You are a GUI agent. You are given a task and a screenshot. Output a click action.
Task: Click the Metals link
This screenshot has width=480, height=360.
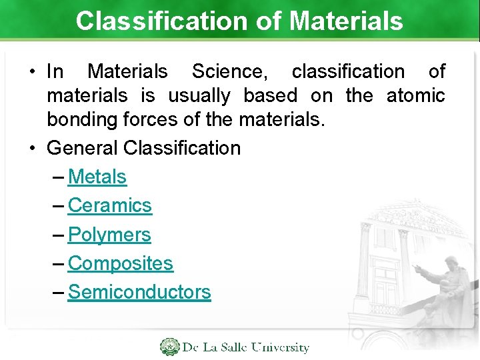(97, 177)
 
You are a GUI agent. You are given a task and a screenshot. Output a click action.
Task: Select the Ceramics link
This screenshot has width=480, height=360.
(110, 205)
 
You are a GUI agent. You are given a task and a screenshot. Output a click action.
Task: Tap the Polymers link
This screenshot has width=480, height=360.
(109, 235)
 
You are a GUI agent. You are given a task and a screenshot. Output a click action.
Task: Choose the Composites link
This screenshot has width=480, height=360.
(121, 263)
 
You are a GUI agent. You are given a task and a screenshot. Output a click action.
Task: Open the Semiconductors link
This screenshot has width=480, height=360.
(139, 292)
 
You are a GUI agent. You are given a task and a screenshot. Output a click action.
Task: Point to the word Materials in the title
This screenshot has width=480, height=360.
(346, 21)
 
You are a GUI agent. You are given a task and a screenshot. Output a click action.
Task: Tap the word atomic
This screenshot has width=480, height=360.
(415, 95)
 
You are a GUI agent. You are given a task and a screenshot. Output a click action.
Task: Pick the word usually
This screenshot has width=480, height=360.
(199, 95)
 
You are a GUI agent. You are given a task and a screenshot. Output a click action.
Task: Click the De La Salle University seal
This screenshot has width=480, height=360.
(169, 347)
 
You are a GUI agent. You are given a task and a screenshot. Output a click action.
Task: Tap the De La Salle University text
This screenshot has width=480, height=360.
(246, 347)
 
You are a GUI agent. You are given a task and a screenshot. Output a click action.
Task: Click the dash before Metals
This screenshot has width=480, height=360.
(58, 177)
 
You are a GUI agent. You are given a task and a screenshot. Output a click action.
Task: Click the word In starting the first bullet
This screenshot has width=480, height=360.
(55, 71)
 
